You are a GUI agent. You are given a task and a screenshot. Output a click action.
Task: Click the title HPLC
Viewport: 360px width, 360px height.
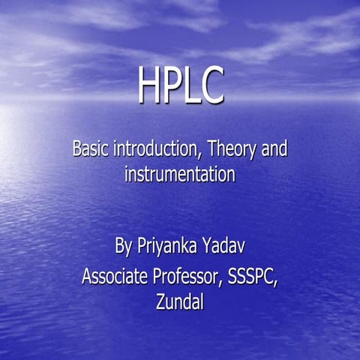(180, 86)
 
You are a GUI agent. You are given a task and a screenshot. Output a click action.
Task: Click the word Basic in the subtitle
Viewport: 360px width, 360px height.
(91, 148)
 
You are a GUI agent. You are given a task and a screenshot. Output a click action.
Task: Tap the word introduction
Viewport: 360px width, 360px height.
(157, 148)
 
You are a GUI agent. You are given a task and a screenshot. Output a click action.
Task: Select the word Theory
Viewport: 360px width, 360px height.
(232, 149)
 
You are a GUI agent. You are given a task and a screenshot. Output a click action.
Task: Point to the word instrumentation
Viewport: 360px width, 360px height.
(180, 174)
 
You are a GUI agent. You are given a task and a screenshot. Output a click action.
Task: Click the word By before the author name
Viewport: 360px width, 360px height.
(124, 247)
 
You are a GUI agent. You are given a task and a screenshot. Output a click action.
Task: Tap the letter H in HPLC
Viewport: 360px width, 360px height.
(150, 86)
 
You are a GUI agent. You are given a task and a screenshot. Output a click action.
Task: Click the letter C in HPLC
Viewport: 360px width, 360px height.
(211, 86)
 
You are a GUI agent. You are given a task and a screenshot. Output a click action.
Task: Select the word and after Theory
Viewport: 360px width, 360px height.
(274, 148)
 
